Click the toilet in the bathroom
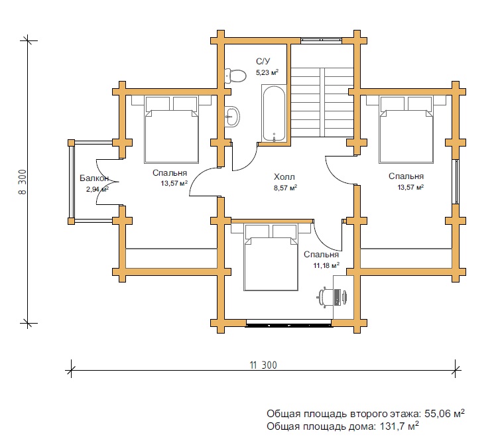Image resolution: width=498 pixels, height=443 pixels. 235,76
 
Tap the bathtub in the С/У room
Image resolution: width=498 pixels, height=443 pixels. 274,113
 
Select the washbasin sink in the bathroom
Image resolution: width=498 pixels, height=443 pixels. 232,117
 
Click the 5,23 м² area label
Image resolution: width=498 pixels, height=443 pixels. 267,72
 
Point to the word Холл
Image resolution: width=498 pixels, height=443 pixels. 284,176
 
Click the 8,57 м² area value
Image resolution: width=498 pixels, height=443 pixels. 285,188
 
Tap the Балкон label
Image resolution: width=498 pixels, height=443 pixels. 94,178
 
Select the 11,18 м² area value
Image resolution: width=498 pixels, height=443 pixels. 326,265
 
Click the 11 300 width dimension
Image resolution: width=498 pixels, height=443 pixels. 263,365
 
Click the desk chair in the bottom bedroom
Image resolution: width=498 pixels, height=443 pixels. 332,297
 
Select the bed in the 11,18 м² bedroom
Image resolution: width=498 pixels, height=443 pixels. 271,257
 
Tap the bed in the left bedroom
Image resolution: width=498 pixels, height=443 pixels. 172,129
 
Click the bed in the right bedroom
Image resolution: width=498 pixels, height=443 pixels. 406,129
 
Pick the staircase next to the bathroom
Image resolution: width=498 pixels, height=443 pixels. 322,102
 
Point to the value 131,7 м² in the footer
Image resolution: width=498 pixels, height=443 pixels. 399,426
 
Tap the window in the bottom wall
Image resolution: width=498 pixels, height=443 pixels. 289,324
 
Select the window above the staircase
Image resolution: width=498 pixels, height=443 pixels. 321,40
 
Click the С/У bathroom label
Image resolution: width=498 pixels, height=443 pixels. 263,61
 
